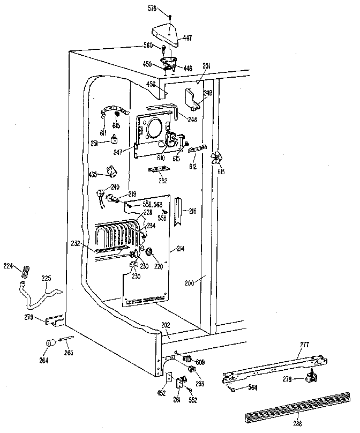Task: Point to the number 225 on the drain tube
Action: click(x=46, y=279)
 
